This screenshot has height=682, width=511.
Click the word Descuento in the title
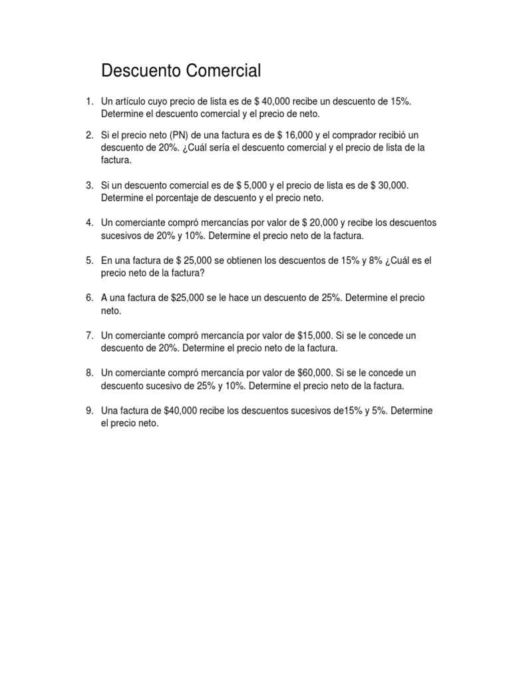pos(141,71)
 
